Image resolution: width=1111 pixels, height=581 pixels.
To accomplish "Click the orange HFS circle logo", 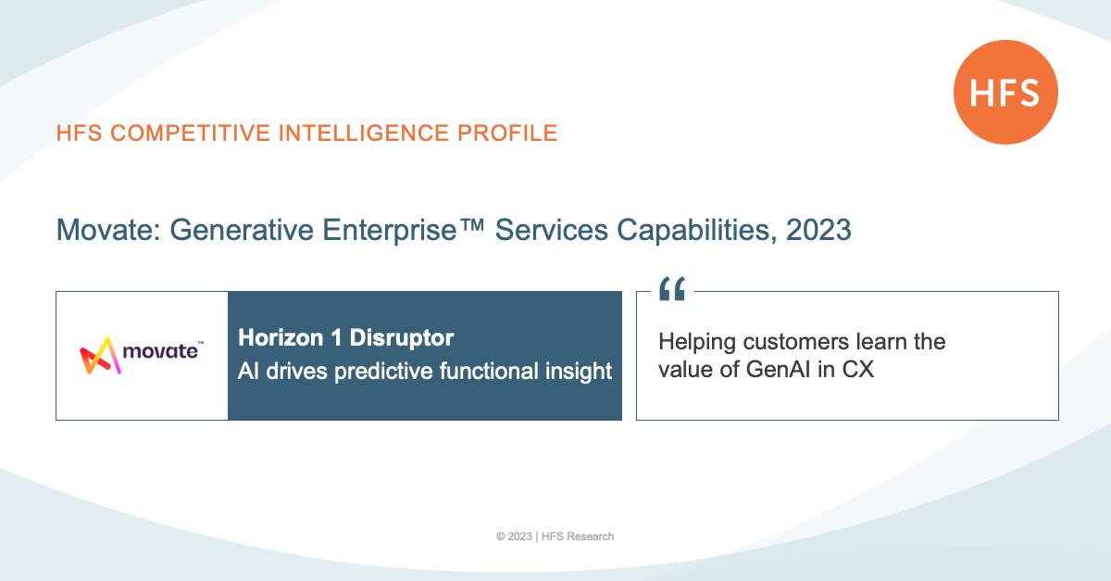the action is [x=1005, y=93].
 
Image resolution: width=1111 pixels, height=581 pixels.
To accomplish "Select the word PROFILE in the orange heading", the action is [x=507, y=133].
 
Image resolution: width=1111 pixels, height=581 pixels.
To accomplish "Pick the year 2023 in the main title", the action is [x=818, y=230].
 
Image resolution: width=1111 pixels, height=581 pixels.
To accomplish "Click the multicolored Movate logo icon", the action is [x=100, y=356].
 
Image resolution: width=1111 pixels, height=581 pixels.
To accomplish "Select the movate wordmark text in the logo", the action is [x=160, y=351].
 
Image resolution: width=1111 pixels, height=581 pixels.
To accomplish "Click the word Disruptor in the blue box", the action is [x=402, y=337].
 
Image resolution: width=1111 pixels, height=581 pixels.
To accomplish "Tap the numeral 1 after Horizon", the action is [x=336, y=337].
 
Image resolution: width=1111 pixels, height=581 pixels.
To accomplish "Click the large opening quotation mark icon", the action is [x=672, y=288].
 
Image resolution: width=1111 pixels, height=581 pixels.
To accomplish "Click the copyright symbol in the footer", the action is [x=501, y=537].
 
